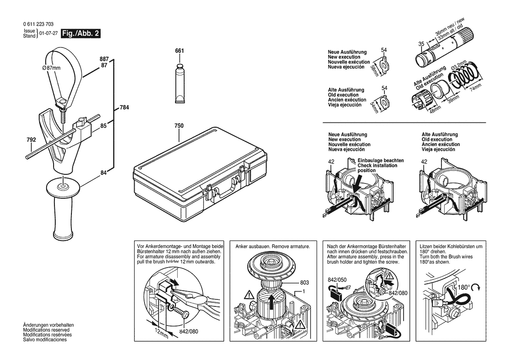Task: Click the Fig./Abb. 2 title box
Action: pyautogui.click(x=81, y=34)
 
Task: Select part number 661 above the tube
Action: pyautogui.click(x=179, y=51)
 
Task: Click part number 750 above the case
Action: pyautogui.click(x=179, y=126)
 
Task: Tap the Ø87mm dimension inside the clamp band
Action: pyautogui.click(x=51, y=68)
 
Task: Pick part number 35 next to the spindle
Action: pyautogui.click(x=421, y=44)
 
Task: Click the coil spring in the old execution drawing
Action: pyautogui.click(x=465, y=78)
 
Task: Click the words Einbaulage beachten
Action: pyautogui.click(x=381, y=160)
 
